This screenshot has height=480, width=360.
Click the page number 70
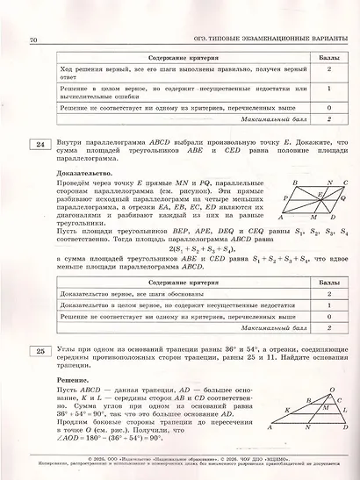click(x=33, y=39)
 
